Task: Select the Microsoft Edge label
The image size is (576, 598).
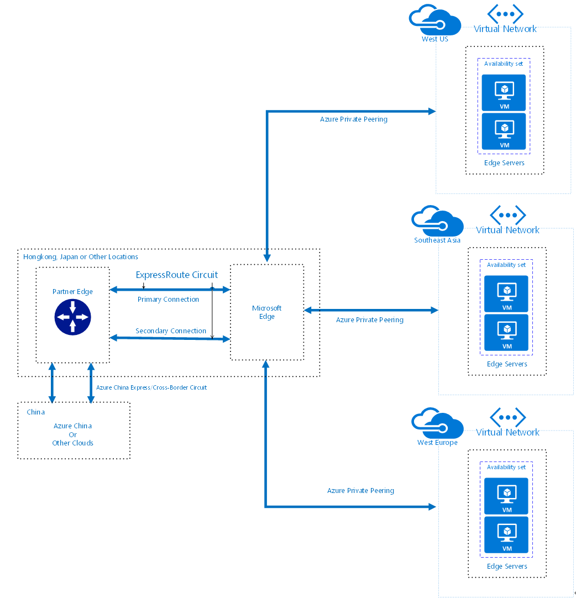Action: click(267, 312)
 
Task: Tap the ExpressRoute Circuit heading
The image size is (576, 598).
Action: click(177, 275)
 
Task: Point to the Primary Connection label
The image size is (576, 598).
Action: click(168, 299)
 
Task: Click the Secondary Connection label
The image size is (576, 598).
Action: click(171, 331)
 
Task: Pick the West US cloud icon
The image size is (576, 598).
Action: click(434, 21)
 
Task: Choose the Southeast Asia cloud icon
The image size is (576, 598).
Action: click(437, 221)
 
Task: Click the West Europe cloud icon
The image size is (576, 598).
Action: click(437, 423)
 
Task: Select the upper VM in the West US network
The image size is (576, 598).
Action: click(504, 92)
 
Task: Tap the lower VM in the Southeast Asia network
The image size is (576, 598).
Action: click(506, 332)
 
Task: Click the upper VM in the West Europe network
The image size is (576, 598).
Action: click(506, 496)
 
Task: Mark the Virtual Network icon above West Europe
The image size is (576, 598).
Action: click(507, 417)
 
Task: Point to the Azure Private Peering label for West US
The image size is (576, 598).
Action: click(354, 119)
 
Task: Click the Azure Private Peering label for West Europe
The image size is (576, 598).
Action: click(360, 490)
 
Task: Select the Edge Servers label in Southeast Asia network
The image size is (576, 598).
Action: click(507, 364)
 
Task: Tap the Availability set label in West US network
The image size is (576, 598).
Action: click(504, 64)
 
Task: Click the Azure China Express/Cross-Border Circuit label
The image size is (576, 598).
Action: click(151, 387)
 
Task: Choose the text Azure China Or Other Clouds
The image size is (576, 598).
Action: click(73, 434)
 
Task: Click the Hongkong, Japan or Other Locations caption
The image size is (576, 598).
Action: click(81, 256)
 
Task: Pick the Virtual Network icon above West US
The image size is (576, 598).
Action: click(505, 13)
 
